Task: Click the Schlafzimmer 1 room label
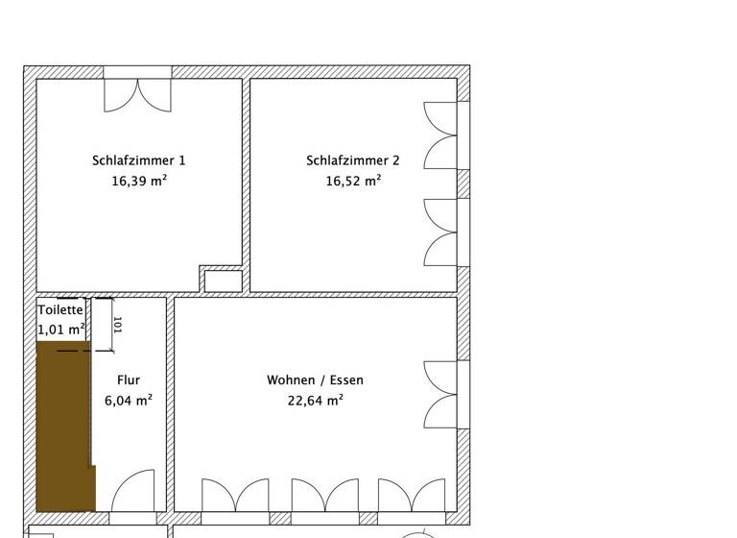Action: click(x=139, y=160)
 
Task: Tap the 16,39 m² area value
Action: click(x=139, y=180)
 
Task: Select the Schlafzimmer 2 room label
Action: click(x=352, y=160)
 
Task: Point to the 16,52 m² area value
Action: click(x=353, y=180)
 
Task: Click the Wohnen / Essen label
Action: click(x=315, y=380)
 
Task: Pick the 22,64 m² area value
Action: click(x=315, y=401)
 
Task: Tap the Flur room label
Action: click(x=128, y=380)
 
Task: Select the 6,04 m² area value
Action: click(x=128, y=401)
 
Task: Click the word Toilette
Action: click(x=61, y=310)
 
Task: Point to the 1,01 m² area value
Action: click(x=61, y=330)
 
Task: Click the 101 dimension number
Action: click(x=117, y=324)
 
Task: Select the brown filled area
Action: click(x=64, y=428)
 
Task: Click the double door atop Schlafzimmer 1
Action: click(x=138, y=94)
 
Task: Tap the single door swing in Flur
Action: click(x=133, y=491)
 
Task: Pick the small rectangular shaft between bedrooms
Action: click(x=224, y=281)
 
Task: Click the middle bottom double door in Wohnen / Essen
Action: click(x=325, y=496)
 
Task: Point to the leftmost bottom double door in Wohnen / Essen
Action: click(x=235, y=496)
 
